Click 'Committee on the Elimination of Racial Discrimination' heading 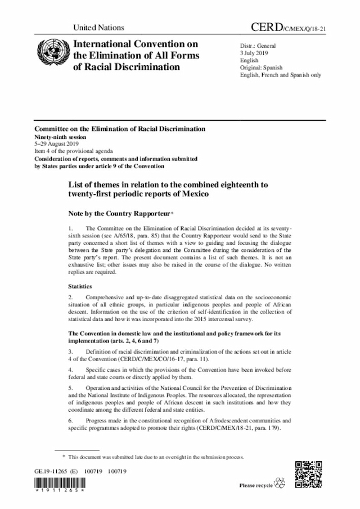pyautogui.click(x=119, y=129)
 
